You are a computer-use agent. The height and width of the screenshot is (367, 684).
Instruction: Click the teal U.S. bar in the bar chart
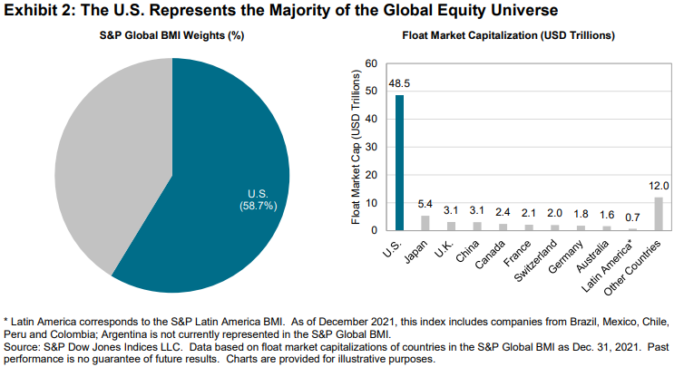coord(399,163)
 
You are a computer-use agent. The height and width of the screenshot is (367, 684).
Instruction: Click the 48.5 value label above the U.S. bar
coord(399,84)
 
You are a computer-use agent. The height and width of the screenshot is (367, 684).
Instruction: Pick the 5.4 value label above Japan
coord(425,205)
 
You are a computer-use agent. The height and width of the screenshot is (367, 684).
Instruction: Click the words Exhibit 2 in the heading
coord(38,12)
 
